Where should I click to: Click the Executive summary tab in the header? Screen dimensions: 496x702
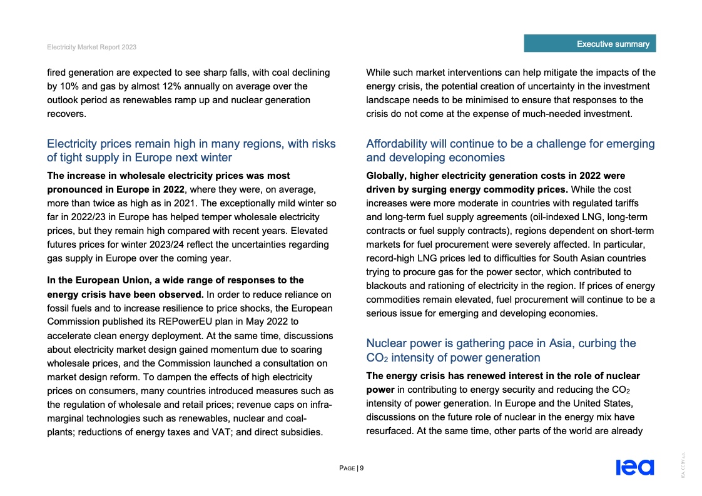[x=613, y=44]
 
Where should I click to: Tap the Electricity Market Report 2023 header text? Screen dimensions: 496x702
[x=91, y=48]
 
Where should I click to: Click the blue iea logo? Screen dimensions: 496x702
[x=634, y=467]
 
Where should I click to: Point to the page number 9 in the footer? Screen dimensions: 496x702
[x=362, y=468]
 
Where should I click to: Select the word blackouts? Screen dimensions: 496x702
[x=387, y=285]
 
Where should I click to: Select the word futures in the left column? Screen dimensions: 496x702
[x=63, y=244]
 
